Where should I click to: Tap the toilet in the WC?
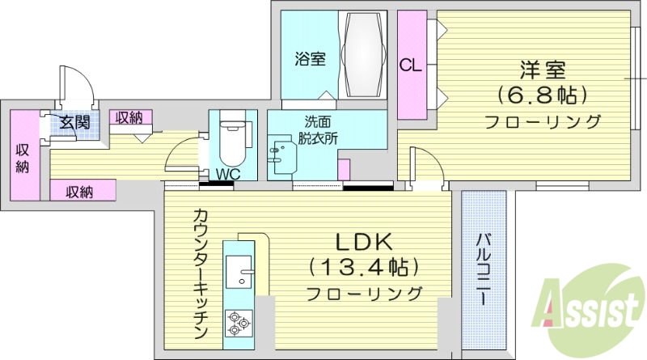[x=231, y=142]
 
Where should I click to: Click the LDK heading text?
[x=364, y=240]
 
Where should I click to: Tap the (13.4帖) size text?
[x=364, y=266]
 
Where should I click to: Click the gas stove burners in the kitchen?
[x=239, y=322]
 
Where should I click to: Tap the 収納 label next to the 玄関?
[x=128, y=118]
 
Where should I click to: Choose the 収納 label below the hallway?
[x=79, y=192]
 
